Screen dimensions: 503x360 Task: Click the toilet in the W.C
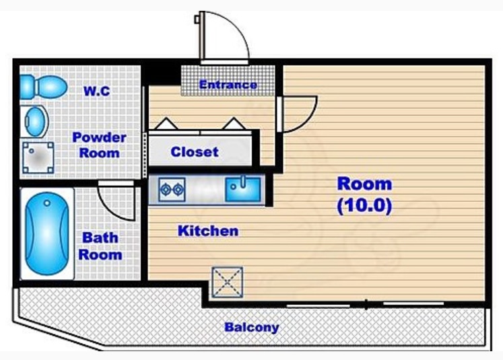[x=43, y=87]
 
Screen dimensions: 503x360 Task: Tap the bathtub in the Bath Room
[x=47, y=233]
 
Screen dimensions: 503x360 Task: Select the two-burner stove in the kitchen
[x=172, y=190]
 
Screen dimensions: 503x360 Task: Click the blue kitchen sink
[x=243, y=189]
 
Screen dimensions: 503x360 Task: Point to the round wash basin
[x=34, y=122]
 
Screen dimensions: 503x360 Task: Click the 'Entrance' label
[x=228, y=85]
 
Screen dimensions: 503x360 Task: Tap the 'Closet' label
[x=195, y=151]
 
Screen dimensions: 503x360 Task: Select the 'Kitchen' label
[x=208, y=231]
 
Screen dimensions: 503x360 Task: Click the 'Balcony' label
[x=252, y=327]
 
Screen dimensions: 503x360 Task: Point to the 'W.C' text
[x=97, y=91]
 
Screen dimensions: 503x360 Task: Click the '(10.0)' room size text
[x=364, y=206]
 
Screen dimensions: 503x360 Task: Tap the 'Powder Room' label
[x=99, y=145]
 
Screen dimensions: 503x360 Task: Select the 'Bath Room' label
[x=100, y=246]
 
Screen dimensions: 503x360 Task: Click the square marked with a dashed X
[x=227, y=283]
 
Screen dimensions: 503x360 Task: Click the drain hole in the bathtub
[x=47, y=203]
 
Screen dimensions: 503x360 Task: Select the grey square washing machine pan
[x=38, y=157]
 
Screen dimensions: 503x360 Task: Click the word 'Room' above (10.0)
[x=364, y=184]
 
